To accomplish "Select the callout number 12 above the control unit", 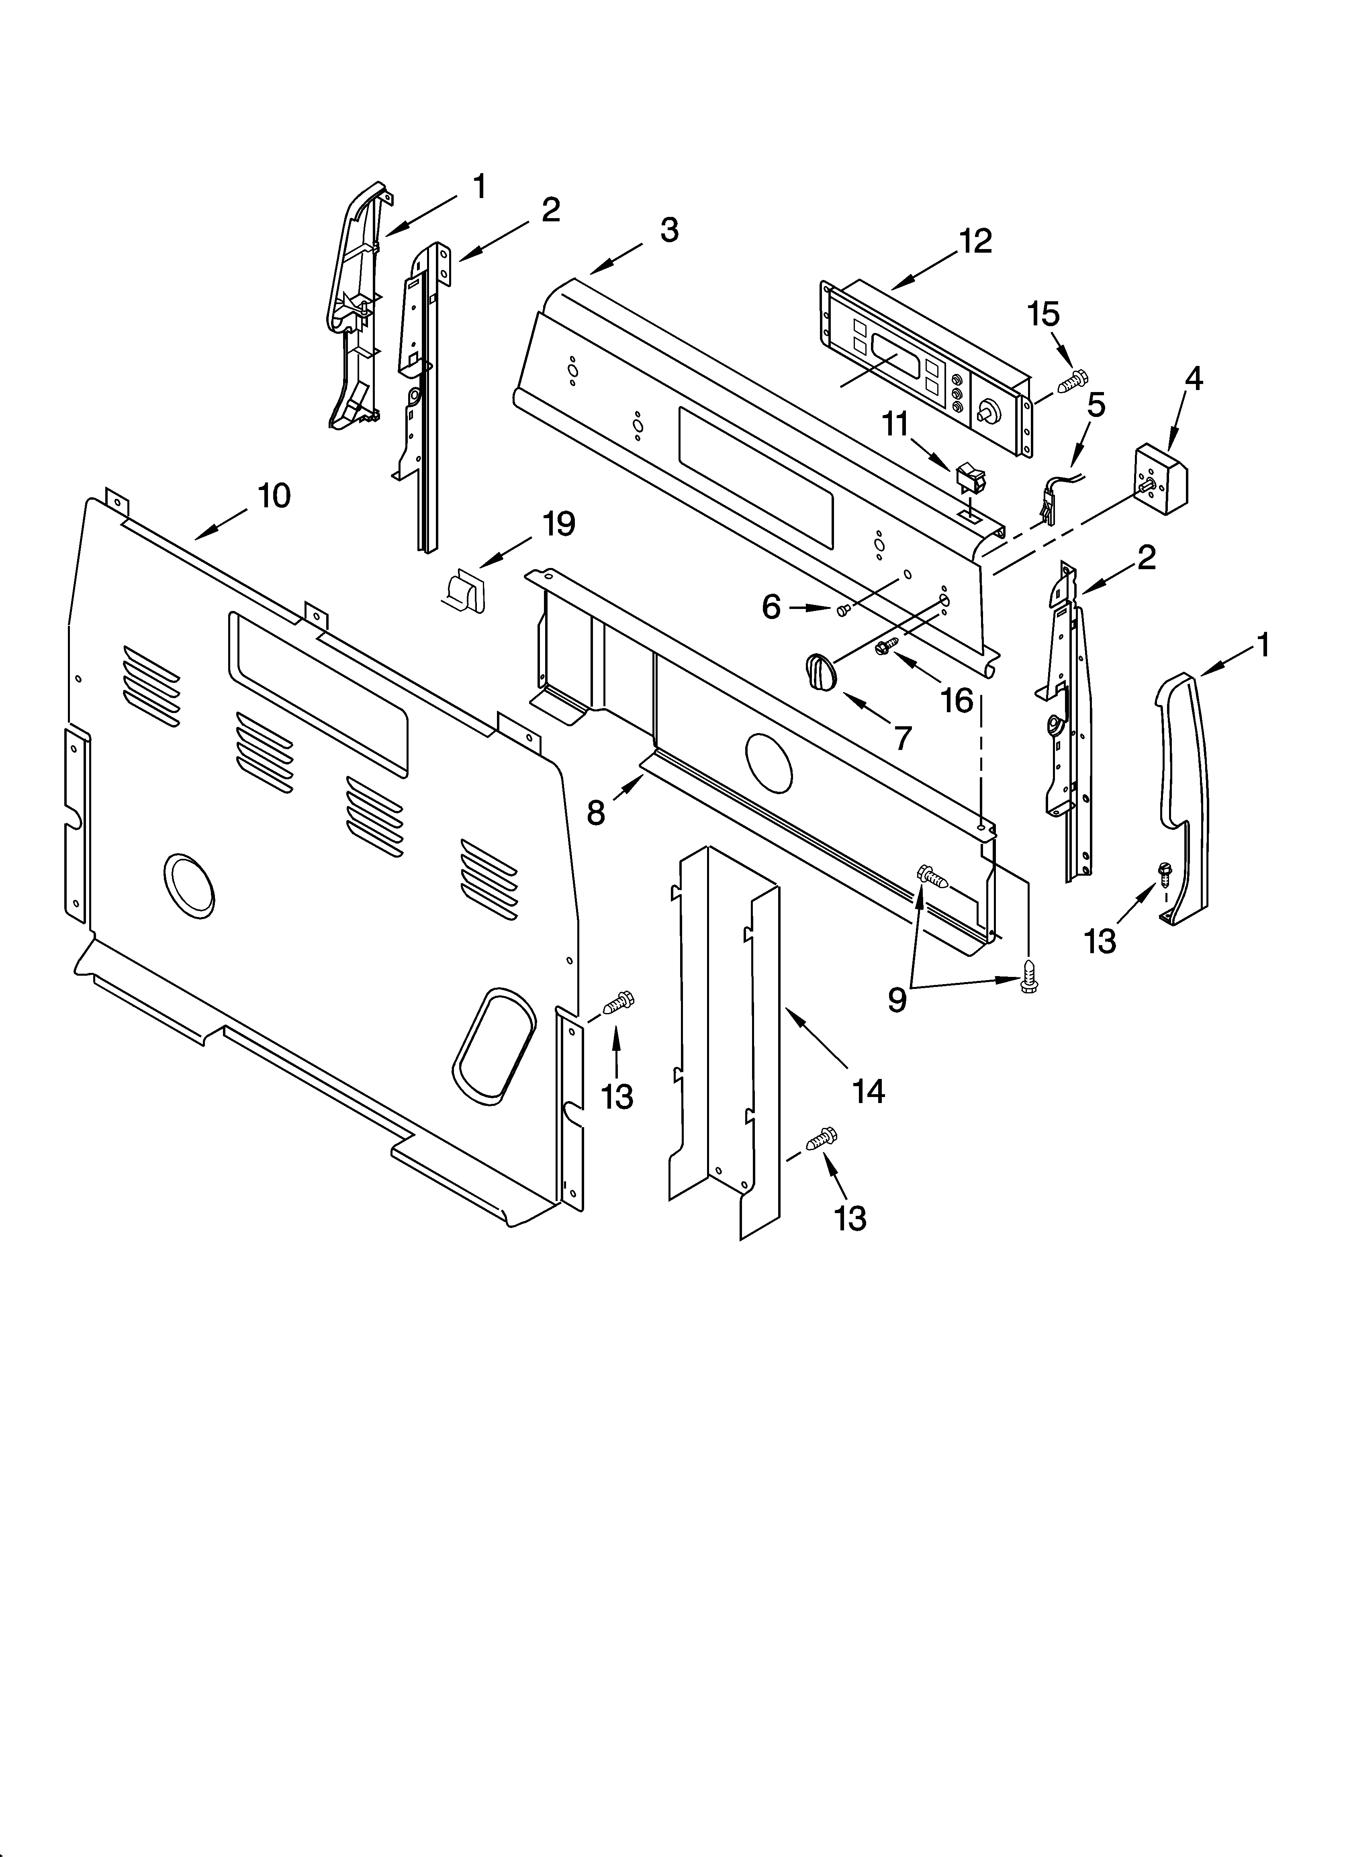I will point(975,241).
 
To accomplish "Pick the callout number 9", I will point(898,1000).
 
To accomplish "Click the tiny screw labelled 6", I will point(844,609).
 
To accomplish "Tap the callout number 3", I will point(669,231).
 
